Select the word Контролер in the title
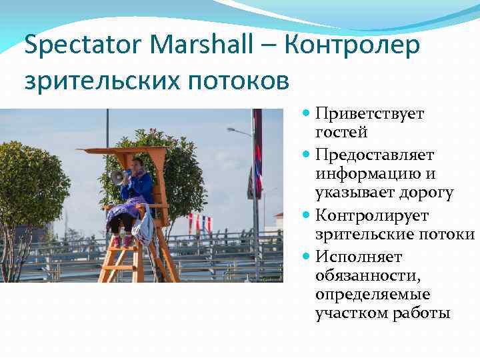tap(354, 46)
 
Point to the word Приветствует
tap(369, 114)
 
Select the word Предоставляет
tap(375, 155)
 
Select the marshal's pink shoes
tap(121, 241)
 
